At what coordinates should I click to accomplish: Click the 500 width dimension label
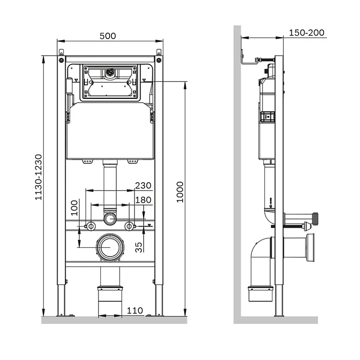pyautogui.click(x=108, y=36)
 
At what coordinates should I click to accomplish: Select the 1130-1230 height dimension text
pyautogui.click(x=39, y=177)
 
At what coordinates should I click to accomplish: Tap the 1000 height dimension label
pyautogui.click(x=180, y=192)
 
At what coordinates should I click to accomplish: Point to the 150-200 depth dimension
pyautogui.click(x=306, y=33)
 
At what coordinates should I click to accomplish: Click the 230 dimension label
pyautogui.click(x=143, y=185)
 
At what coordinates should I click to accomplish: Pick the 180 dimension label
pyautogui.click(x=143, y=200)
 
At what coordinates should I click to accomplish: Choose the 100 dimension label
pyautogui.click(x=74, y=208)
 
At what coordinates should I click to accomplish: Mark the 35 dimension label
pyautogui.click(x=139, y=247)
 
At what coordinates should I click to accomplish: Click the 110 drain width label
pyautogui.click(x=135, y=311)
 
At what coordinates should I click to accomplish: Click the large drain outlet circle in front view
pyautogui.click(x=110, y=247)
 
